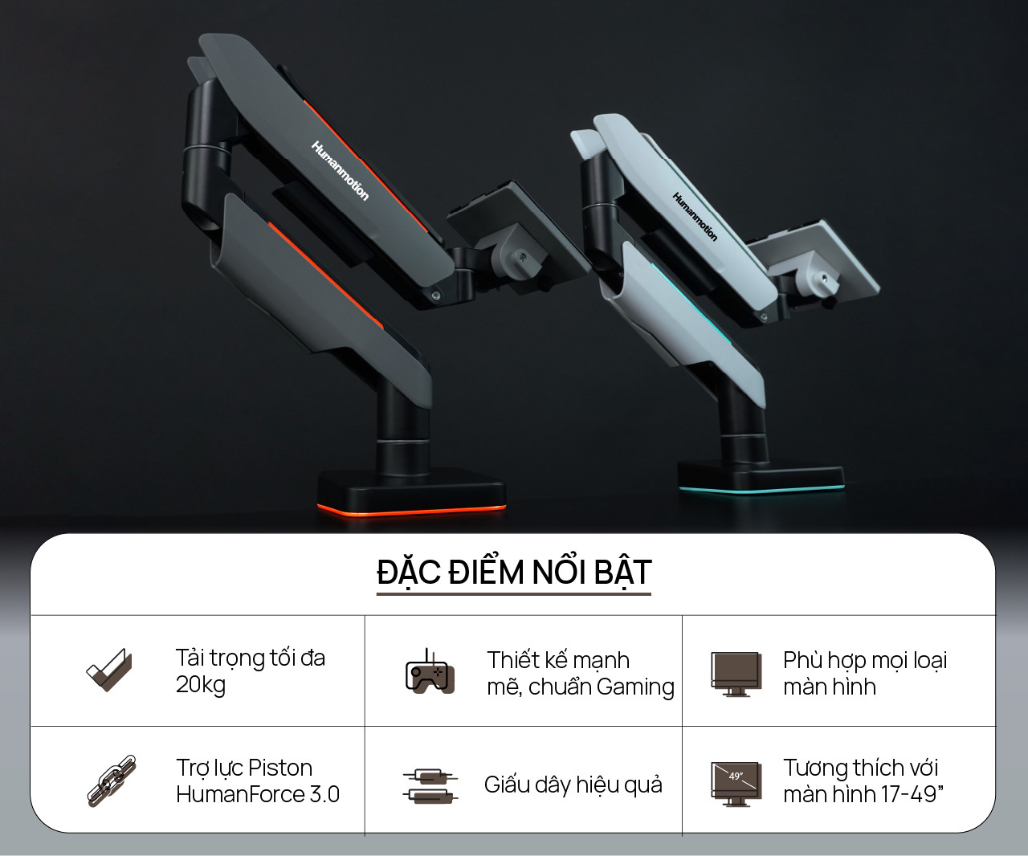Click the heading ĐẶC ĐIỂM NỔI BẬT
pyautogui.click(x=513, y=573)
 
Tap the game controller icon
pyautogui.click(x=429, y=672)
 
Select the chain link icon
pyautogui.click(x=111, y=780)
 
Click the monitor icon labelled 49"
pyautogui.click(x=736, y=782)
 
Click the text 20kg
pyautogui.click(x=201, y=685)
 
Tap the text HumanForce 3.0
pyautogui.click(x=258, y=794)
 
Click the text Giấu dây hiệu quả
pyautogui.click(x=573, y=785)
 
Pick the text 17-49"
pyautogui.click(x=912, y=794)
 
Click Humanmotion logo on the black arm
pyautogui.click(x=340, y=170)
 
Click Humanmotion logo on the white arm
pyautogui.click(x=694, y=216)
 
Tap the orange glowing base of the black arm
pyautogui.click(x=412, y=509)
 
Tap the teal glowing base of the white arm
pyautogui.click(x=760, y=487)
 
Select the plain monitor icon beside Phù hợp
pyautogui.click(x=736, y=673)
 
